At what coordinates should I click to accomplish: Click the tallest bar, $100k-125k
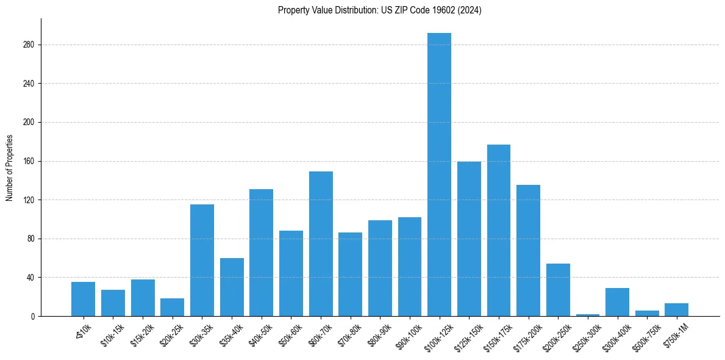[x=439, y=175]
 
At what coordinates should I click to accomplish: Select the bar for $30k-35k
[x=202, y=260]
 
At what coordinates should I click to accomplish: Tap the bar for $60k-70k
[x=321, y=244]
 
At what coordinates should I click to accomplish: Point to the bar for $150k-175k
[x=499, y=231]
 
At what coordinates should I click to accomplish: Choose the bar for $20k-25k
[x=172, y=308]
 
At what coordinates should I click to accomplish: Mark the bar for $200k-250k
[x=558, y=290]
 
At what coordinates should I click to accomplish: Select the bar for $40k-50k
[x=261, y=253]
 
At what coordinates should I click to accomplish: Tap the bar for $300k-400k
[x=617, y=302]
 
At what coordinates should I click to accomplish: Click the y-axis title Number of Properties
[x=10, y=167]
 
